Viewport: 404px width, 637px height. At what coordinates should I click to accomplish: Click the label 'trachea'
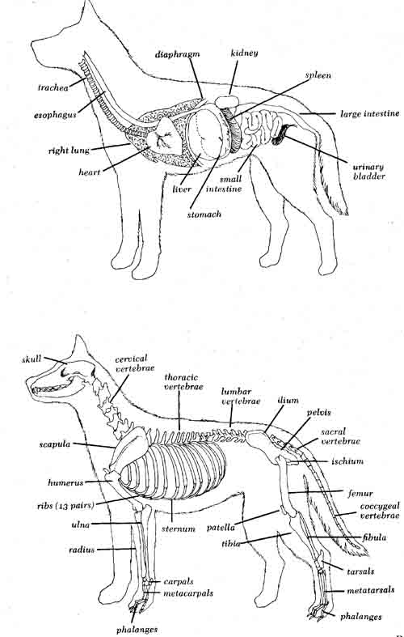pyautogui.click(x=53, y=87)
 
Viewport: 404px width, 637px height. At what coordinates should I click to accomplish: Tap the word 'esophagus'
pyautogui.click(x=55, y=115)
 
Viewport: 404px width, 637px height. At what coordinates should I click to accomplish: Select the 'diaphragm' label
pyautogui.click(x=177, y=54)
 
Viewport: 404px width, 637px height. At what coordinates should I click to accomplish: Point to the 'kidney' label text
pyautogui.click(x=244, y=53)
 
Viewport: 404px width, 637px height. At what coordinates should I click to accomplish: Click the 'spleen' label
pyautogui.click(x=318, y=75)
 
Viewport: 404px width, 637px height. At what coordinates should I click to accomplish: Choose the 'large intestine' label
pyautogui.click(x=369, y=114)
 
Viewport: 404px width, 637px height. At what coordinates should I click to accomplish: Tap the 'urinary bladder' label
pyautogui.click(x=368, y=172)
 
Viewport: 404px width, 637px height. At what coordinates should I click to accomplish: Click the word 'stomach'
pyautogui.click(x=204, y=214)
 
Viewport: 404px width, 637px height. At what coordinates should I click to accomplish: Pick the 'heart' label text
pyautogui.click(x=89, y=172)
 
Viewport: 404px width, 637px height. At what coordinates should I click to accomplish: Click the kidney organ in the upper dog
pyautogui.click(x=227, y=101)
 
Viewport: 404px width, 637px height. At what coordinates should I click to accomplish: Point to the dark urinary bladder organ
pyautogui.click(x=280, y=135)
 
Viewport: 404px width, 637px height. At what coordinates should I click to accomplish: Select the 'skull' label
pyautogui.click(x=32, y=359)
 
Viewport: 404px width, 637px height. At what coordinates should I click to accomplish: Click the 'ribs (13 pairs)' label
pyautogui.click(x=65, y=506)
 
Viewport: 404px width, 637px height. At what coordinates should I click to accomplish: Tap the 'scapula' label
pyautogui.click(x=55, y=444)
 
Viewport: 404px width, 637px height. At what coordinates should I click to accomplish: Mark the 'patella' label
pyautogui.click(x=221, y=528)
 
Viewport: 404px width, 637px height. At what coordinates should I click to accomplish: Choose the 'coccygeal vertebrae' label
pyautogui.click(x=380, y=511)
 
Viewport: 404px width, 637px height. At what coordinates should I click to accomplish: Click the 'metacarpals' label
pyautogui.click(x=187, y=593)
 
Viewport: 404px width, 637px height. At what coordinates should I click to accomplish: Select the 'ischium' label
pyautogui.click(x=347, y=461)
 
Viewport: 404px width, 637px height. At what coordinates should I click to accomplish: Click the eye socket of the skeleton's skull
pyautogui.click(x=64, y=372)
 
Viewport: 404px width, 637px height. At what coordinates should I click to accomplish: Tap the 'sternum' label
pyautogui.click(x=179, y=529)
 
